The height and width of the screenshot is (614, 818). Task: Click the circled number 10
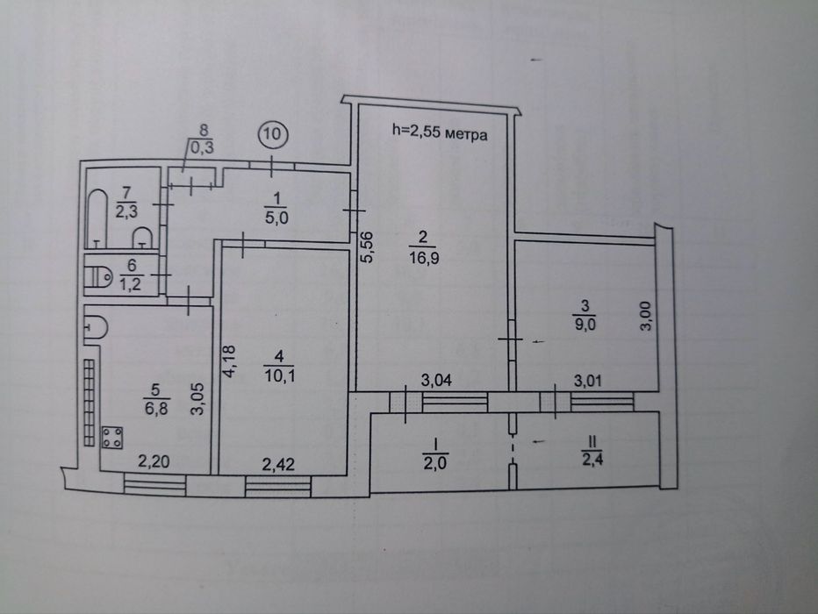coord(272,134)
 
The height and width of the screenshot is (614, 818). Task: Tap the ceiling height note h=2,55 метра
coord(440,133)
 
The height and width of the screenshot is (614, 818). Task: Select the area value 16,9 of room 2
coord(423,258)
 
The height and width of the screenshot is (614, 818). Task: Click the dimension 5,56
coord(367,247)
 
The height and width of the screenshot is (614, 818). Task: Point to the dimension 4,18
coord(230,361)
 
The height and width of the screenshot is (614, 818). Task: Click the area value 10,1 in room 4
coord(279,375)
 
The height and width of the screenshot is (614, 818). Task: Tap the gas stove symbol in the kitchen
coord(112,438)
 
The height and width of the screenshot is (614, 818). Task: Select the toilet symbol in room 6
coord(98,275)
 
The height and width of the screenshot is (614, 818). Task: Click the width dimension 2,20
coord(154,461)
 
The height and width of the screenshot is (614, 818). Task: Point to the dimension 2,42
coord(277,464)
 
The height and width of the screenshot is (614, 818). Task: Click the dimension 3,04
coord(436,381)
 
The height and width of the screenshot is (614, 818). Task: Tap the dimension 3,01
coord(588,381)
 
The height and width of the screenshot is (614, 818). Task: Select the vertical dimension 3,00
coord(646,316)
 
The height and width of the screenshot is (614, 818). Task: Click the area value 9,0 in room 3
coord(585,325)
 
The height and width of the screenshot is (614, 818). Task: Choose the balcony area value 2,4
coord(592,460)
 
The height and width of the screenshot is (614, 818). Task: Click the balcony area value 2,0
coord(434,462)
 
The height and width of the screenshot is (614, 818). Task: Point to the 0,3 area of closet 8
coord(202,147)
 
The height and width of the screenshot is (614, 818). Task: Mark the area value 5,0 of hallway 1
coord(276,218)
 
